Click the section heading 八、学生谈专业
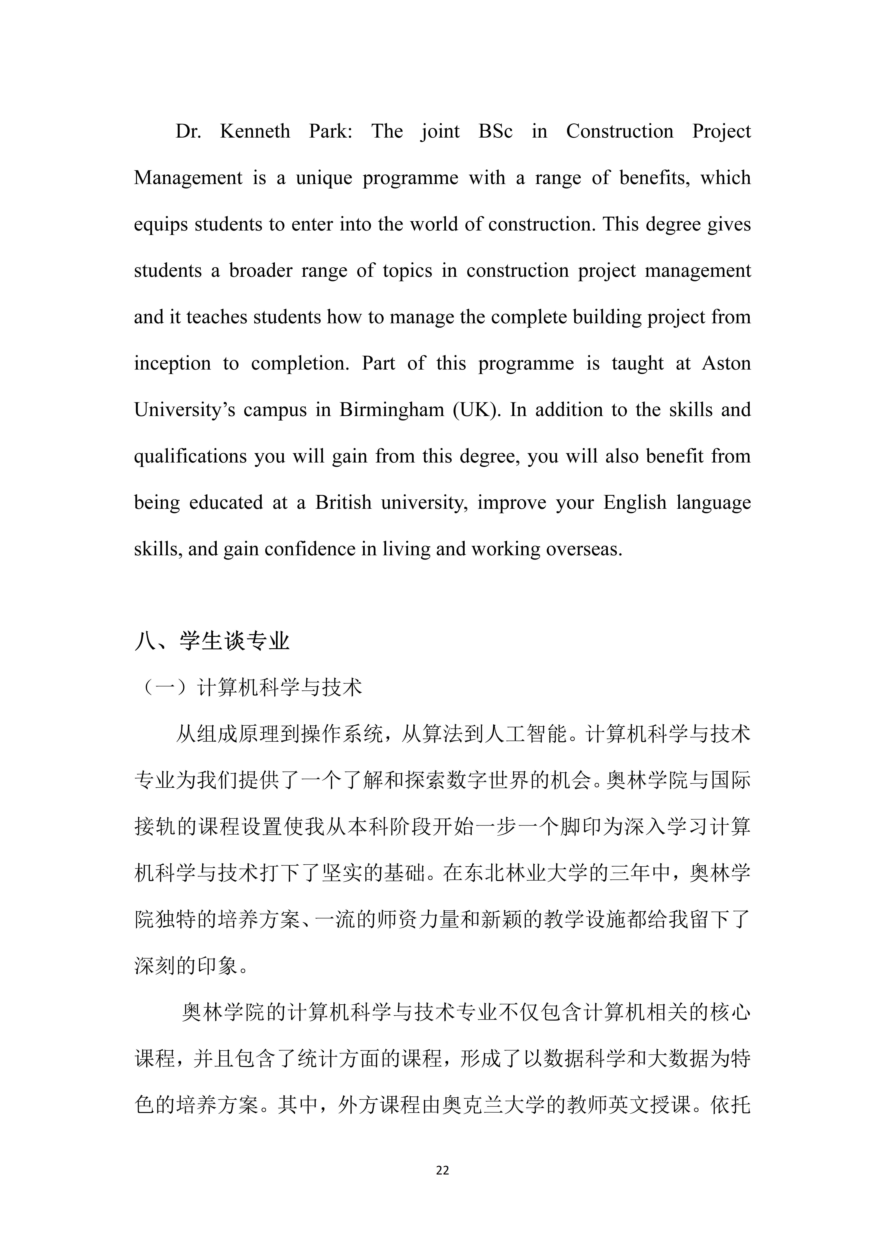(212, 641)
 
